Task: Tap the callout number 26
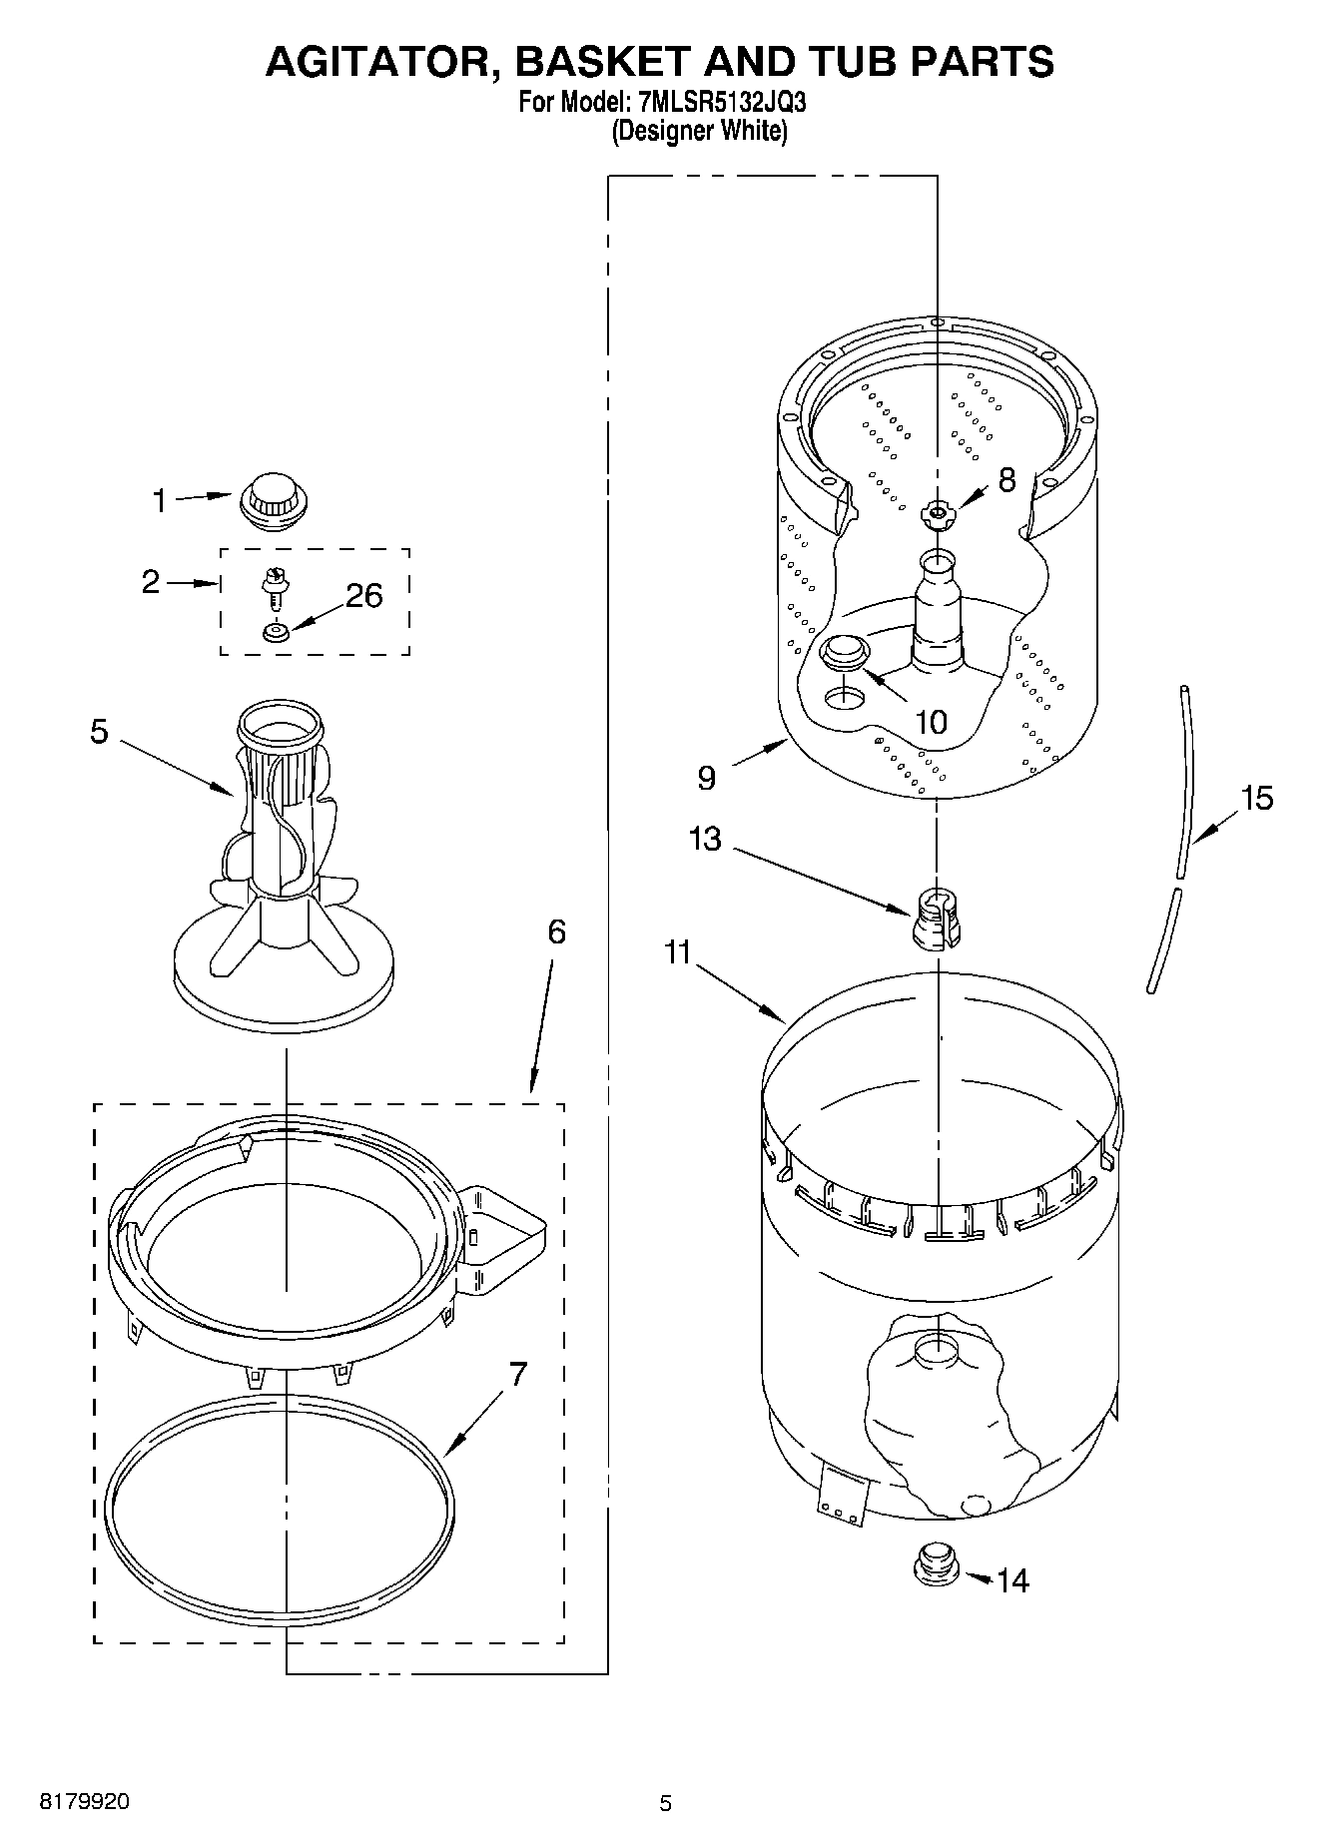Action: (363, 596)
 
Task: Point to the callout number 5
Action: (98, 731)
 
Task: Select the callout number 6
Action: (556, 932)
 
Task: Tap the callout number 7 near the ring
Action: (517, 1374)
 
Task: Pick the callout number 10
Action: (931, 722)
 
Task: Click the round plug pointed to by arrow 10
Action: (844, 652)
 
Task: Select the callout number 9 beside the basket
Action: (706, 778)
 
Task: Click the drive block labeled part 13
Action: (937, 917)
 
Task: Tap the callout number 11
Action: (678, 952)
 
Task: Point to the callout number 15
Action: (1256, 798)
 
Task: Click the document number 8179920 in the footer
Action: (84, 1803)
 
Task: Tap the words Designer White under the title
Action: (699, 131)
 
